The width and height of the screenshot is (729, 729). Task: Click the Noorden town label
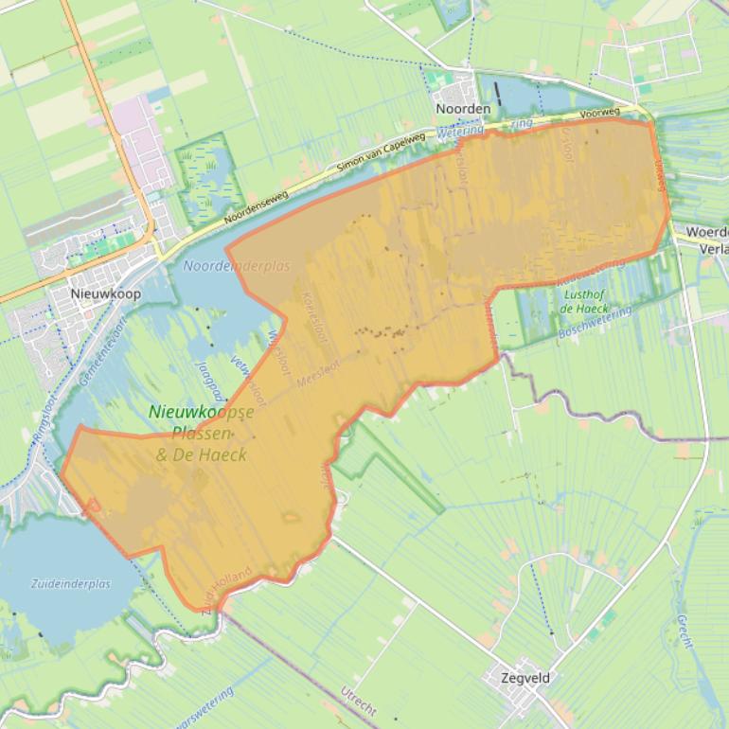tap(463, 109)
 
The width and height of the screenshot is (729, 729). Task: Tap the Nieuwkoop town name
tap(106, 293)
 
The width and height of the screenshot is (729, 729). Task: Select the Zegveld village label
tap(527, 678)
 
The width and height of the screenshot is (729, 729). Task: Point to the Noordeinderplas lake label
tap(237, 267)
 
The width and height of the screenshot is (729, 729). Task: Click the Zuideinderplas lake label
tap(71, 583)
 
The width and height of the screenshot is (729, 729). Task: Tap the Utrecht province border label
tap(359, 700)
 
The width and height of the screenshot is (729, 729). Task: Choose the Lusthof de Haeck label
tap(584, 301)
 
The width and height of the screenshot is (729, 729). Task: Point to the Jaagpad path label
tap(209, 379)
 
